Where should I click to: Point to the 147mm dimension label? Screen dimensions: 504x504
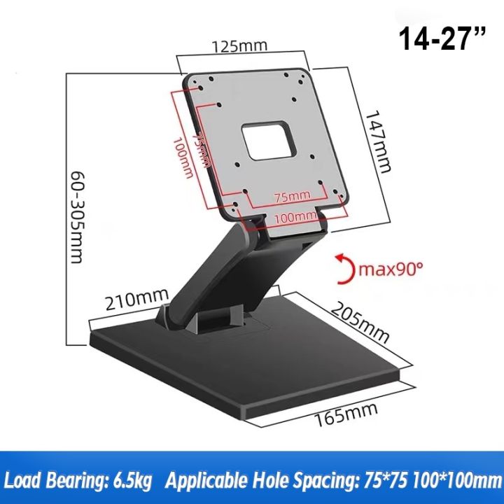382,143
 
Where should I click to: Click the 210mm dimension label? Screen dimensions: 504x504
132,302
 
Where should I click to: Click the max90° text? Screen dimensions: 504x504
394,267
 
